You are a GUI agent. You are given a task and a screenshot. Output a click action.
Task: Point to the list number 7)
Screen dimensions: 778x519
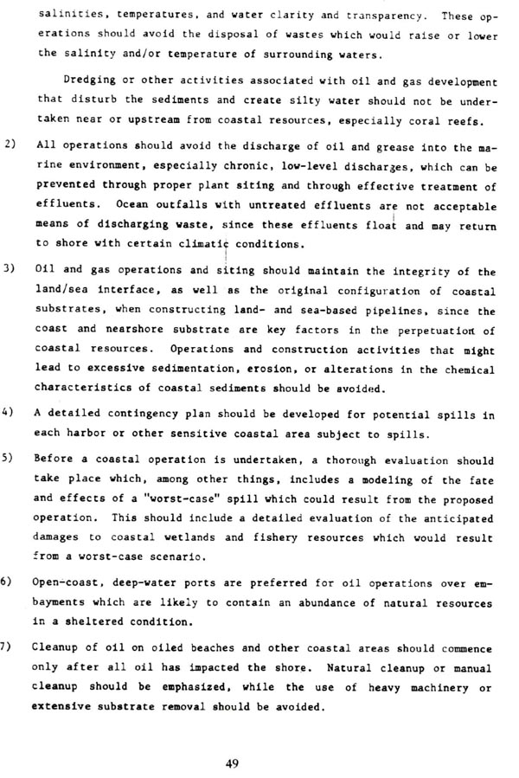point(10,646)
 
